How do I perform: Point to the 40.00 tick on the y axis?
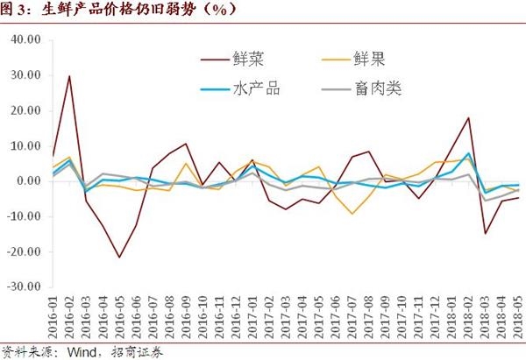(26, 40)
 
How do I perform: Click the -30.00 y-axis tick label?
(24, 286)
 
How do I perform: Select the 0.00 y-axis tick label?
(29, 181)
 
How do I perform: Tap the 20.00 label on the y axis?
(26, 111)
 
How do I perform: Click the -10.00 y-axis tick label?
(24, 216)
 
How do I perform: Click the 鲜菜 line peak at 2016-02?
(69, 76)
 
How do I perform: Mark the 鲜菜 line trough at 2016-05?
(119, 257)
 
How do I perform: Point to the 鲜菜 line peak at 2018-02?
(470, 117)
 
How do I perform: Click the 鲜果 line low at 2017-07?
(353, 214)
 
